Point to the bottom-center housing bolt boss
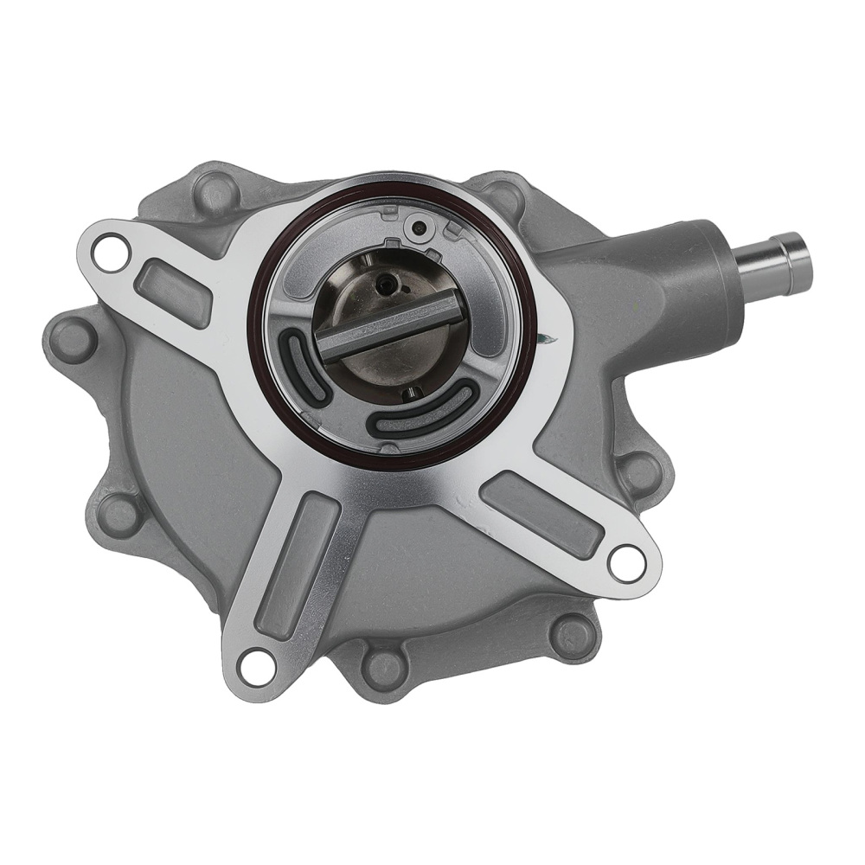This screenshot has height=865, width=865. tap(380, 666)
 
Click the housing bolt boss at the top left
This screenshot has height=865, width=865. tap(210, 192)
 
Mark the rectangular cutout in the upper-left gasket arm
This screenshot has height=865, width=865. tap(173, 289)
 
